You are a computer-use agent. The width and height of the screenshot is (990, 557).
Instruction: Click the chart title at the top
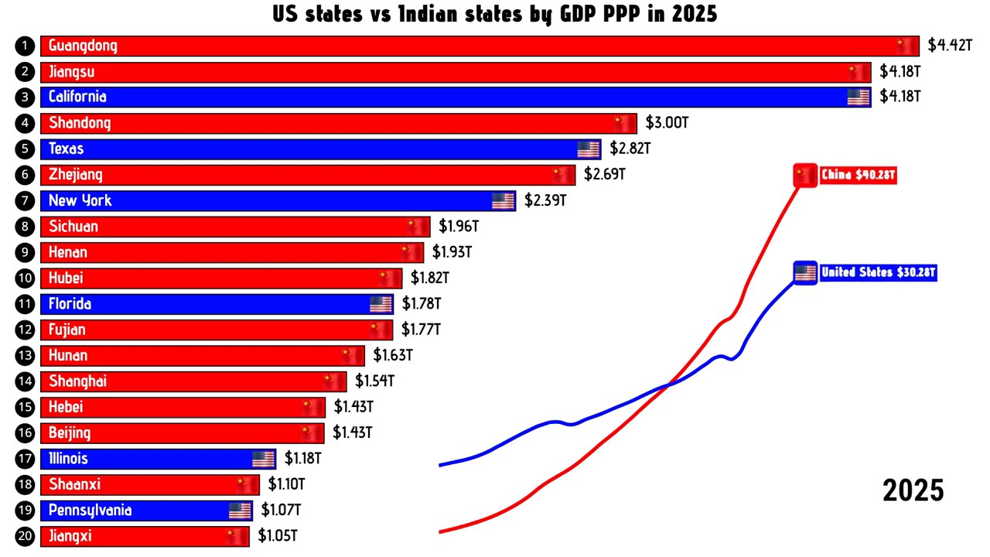494,14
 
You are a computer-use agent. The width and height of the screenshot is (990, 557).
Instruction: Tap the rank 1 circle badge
26,46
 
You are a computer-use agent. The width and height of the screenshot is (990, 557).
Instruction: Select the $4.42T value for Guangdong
949,46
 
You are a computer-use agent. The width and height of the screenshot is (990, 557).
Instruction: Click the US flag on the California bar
859,97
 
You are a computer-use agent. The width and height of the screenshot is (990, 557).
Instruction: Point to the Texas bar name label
66,149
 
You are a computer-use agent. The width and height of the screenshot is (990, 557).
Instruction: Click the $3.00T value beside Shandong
667,123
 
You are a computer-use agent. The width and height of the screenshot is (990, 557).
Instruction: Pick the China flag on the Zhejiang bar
563,175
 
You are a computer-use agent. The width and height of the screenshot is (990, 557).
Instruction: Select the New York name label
80,200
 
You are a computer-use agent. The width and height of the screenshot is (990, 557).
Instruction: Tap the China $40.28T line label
858,176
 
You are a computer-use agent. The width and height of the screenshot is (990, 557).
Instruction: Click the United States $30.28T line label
878,273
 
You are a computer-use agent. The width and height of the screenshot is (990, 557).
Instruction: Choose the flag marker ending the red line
805,176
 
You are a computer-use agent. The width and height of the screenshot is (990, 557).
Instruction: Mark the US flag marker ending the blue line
805,273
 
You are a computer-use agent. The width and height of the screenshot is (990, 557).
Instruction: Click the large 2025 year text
913,490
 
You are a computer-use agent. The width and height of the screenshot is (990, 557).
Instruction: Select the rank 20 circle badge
26,536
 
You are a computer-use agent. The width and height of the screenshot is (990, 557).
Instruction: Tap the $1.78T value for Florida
422,304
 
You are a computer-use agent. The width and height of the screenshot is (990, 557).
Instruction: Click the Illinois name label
68,459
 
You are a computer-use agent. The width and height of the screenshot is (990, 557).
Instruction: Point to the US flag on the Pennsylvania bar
240,511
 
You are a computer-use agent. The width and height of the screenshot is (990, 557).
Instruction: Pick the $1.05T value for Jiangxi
278,536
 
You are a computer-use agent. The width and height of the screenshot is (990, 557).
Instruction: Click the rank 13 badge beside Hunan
26,356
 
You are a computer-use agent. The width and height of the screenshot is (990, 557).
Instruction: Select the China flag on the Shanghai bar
334,381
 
